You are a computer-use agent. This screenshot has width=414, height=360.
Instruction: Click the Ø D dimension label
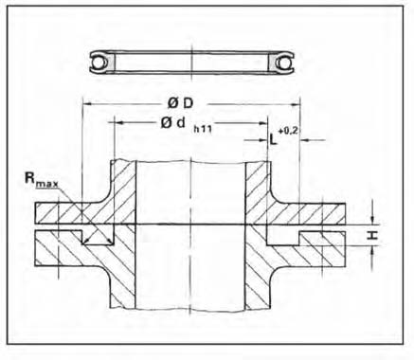pos(180,103)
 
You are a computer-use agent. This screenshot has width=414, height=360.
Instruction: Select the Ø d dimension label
pos(172,123)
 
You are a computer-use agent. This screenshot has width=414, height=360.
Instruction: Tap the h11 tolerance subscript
pos(203,129)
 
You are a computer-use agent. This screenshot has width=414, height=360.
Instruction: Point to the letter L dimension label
pos(273,138)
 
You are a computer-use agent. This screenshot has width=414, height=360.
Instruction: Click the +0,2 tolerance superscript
pos(288,131)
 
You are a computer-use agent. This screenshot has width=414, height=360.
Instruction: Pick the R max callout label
pos(42,180)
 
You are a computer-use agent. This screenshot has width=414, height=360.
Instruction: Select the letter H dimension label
pos(373,235)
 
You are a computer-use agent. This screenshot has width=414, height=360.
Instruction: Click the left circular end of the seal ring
pos(97,62)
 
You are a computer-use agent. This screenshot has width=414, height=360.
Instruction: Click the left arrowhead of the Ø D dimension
pos(86,103)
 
